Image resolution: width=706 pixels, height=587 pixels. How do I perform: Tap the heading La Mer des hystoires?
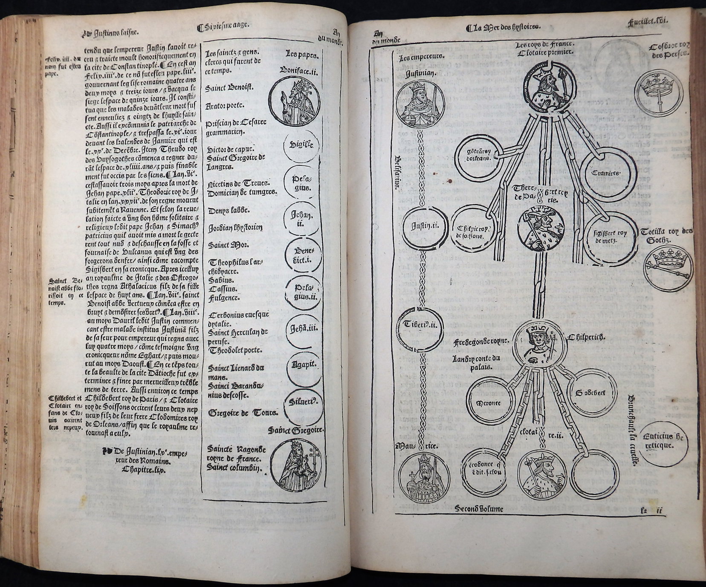503,28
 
